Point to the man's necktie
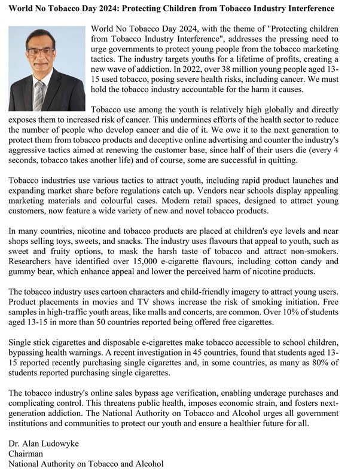click(40, 96)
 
